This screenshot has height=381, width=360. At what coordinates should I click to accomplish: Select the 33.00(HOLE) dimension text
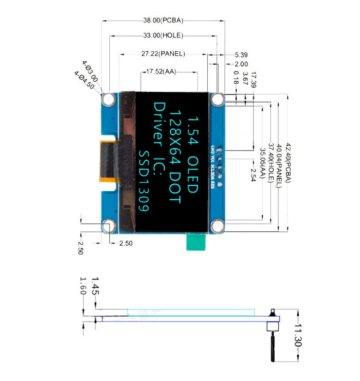coord(163,35)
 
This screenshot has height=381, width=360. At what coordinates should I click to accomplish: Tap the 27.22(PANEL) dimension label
coord(163,54)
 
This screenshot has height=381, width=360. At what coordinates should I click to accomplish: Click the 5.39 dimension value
coord(241,54)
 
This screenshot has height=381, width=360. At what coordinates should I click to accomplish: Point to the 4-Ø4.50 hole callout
coord(84,79)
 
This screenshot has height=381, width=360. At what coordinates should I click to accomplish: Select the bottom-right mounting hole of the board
coord(217,226)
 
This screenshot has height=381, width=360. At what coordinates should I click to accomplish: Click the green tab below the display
coord(195,242)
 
